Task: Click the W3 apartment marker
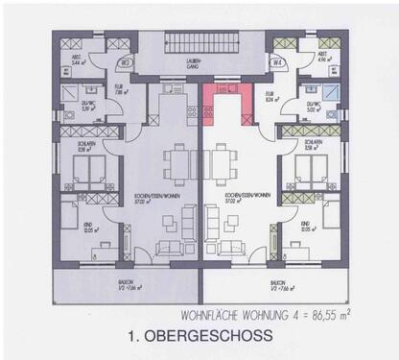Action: pyautogui.click(x=125, y=64)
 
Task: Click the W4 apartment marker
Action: pyautogui.click(x=277, y=64)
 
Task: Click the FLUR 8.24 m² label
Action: pyautogui.click(x=270, y=95)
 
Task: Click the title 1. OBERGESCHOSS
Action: pyautogui.click(x=198, y=336)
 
